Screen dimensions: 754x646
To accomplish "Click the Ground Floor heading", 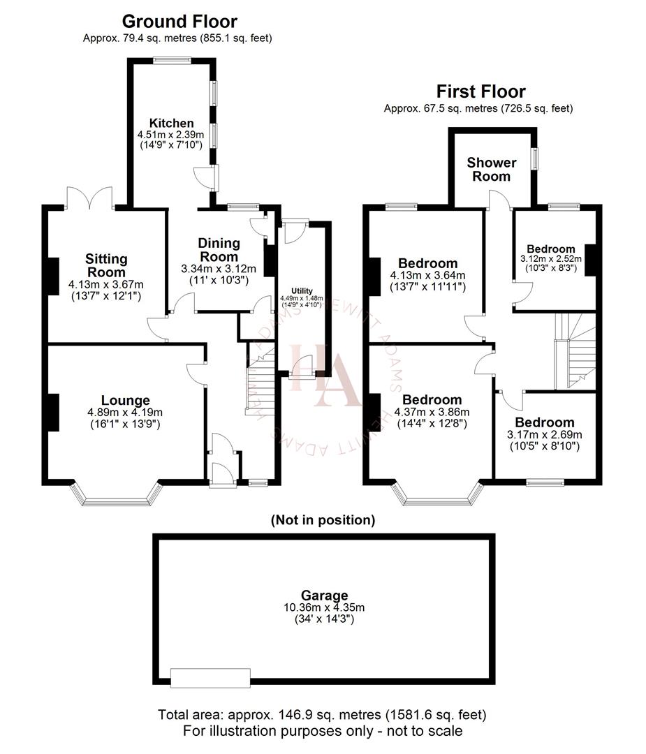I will tap(179, 22).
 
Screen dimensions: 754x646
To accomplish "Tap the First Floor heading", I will tap(480, 91).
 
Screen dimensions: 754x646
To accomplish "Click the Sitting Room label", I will tap(106, 265).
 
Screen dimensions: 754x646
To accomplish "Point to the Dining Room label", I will tap(219, 250).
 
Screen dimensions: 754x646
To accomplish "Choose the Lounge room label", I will tap(125, 400).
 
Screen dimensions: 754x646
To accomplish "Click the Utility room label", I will tap(302, 290).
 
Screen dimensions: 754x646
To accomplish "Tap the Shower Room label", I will tap(492, 169).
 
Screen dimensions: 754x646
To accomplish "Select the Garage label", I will tap(324, 596).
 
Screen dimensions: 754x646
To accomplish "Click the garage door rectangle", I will tap(210, 677).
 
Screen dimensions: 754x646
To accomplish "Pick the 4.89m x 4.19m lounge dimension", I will tap(125, 413).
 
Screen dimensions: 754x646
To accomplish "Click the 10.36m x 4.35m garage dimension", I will tap(324, 607).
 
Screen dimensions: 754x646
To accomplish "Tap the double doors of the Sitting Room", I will tap(90, 198).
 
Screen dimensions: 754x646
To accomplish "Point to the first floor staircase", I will tap(574, 353).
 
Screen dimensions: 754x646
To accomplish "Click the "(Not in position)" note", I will tap(323, 519).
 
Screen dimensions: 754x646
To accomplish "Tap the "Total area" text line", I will tap(322, 715).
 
